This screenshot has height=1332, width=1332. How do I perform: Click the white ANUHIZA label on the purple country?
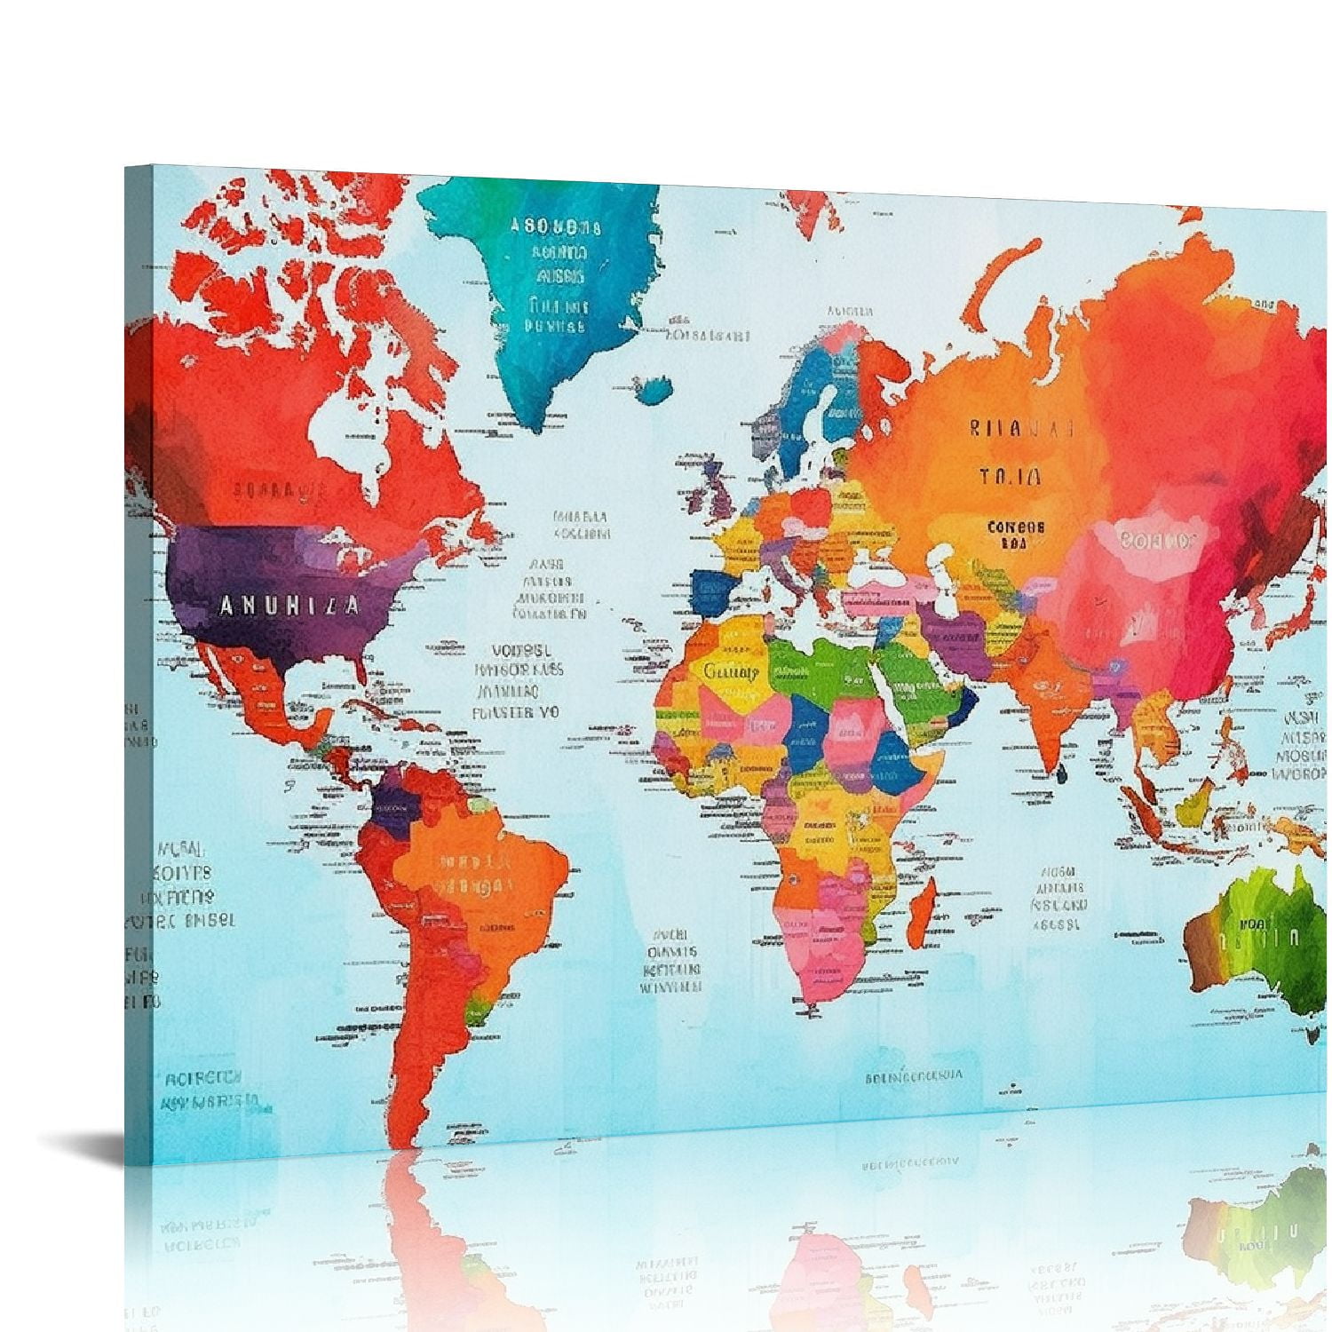tap(289, 607)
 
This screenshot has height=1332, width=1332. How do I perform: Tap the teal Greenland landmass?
tap(533, 293)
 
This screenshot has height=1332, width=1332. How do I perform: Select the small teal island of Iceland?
tap(656, 387)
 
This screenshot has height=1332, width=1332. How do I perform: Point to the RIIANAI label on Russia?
tap(1021, 429)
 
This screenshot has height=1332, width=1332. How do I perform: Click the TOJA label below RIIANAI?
tap(1011, 477)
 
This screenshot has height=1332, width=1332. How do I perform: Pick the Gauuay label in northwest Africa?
tap(731, 671)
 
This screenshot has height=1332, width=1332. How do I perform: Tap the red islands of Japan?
tap(1288, 622)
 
